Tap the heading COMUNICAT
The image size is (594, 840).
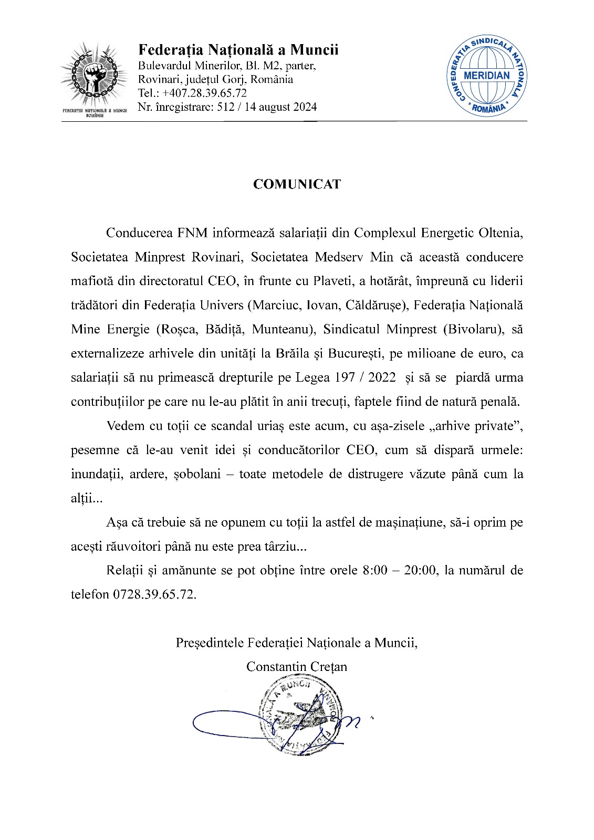pos(297,184)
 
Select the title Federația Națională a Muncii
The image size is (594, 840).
pos(238,50)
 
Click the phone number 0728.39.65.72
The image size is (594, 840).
pos(154,594)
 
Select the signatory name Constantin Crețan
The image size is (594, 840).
pos(297,667)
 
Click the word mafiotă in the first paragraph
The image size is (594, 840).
pos(92,281)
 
